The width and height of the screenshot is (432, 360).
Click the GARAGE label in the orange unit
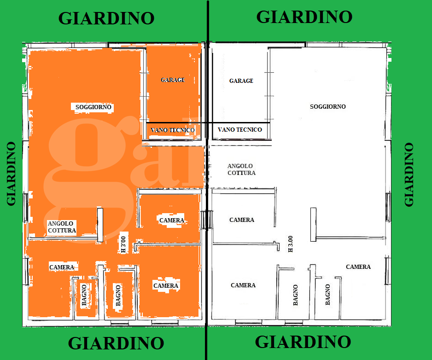click(173, 80)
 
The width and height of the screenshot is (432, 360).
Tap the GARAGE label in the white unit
click(241, 81)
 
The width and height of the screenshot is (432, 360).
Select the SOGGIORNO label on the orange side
click(93, 107)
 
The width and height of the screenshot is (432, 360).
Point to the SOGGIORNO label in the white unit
click(328, 106)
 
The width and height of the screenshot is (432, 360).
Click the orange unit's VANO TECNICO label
click(173, 130)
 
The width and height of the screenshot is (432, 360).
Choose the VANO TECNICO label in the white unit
click(239, 130)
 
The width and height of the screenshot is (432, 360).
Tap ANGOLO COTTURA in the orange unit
click(62, 226)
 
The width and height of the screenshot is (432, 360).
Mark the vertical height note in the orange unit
click(123, 244)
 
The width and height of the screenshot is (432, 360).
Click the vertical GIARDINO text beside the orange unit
click(12, 173)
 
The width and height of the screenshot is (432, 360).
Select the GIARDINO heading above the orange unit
click(106, 18)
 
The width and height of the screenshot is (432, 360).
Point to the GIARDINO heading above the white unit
click(304, 17)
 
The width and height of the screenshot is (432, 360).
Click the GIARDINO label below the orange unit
click(116, 343)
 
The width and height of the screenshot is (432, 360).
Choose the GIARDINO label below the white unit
click(303, 342)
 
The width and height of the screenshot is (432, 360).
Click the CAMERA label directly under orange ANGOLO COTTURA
click(62, 267)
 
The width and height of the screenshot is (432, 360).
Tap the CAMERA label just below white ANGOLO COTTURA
click(242, 220)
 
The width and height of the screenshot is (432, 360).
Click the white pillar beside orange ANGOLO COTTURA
click(100, 225)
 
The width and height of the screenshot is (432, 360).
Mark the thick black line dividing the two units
click(207, 184)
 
